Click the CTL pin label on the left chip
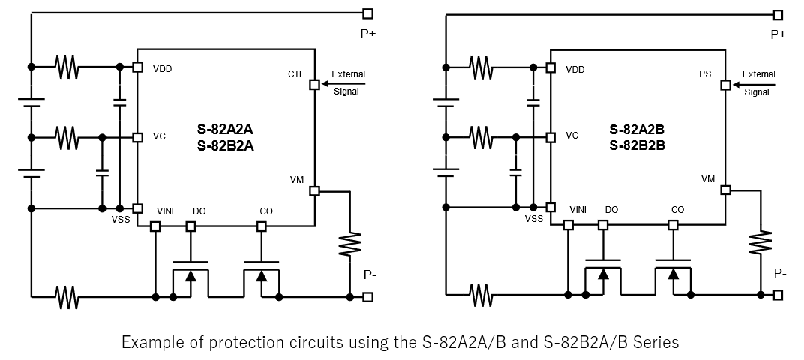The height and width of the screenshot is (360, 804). (x=295, y=74)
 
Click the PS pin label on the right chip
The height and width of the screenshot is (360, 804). (x=705, y=74)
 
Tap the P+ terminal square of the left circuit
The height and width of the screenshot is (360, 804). (x=367, y=13)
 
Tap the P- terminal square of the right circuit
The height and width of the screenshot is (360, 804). (x=778, y=295)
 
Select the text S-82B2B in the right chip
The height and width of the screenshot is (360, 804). (x=637, y=145)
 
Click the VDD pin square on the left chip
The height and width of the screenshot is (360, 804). (x=137, y=67)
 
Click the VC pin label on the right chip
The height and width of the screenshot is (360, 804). (x=571, y=136)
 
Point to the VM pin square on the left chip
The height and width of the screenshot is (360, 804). (x=314, y=191)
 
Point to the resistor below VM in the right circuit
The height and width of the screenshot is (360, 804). (x=760, y=241)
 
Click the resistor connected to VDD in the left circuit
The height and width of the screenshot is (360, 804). (x=67, y=67)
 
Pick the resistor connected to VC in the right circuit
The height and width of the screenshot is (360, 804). (x=480, y=137)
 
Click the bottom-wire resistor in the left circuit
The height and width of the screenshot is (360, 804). (x=67, y=297)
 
